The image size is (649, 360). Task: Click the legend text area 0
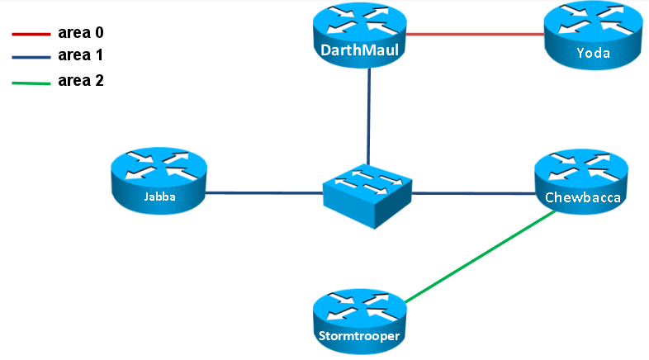click(x=80, y=34)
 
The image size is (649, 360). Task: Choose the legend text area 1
click(x=80, y=56)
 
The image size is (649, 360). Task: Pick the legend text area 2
click(x=80, y=81)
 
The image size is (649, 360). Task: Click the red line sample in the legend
click(x=31, y=35)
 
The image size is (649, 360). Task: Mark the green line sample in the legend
click(x=31, y=82)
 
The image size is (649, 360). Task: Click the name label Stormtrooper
click(x=361, y=335)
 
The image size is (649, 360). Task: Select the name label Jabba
click(x=159, y=197)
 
